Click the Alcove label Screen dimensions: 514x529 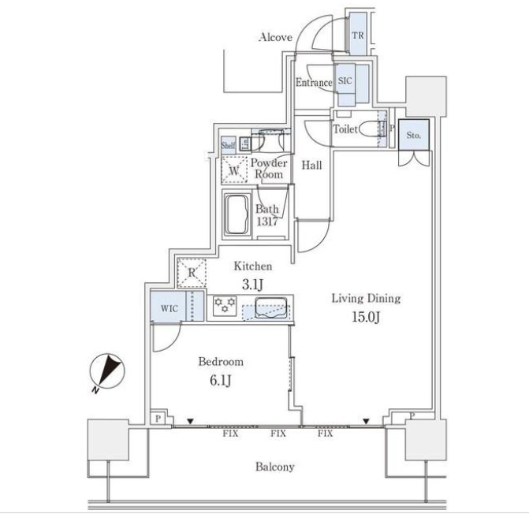[x=275, y=37]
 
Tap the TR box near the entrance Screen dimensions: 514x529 [x=358, y=35]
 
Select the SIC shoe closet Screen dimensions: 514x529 [x=345, y=82]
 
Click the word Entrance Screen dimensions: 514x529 [x=314, y=83]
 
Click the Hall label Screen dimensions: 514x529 [x=311, y=166]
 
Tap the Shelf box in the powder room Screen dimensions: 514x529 [x=228, y=145]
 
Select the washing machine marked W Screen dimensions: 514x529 [x=234, y=169]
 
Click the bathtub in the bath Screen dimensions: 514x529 [x=237, y=215]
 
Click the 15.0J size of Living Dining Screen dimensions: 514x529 [x=366, y=317]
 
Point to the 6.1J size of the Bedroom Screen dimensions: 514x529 [x=221, y=381]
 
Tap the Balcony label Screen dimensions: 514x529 [x=274, y=467]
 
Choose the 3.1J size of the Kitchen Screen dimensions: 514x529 [x=253, y=285]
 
